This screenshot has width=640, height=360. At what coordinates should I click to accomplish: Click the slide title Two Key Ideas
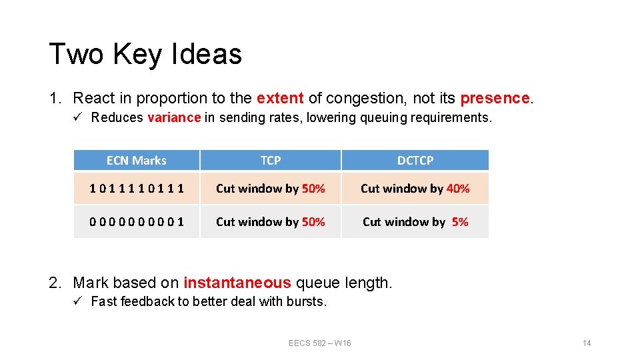click(x=145, y=53)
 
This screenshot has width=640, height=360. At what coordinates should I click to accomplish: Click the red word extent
click(x=280, y=99)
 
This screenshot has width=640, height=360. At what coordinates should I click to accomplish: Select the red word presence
click(x=495, y=99)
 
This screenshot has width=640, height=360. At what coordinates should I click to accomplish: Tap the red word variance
click(x=174, y=118)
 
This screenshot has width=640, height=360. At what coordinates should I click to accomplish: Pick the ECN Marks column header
click(x=137, y=161)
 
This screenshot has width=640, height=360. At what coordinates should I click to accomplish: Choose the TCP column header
click(x=271, y=161)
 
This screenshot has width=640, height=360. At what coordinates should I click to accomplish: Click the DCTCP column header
click(x=415, y=161)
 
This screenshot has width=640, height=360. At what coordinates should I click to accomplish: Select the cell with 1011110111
click(x=137, y=189)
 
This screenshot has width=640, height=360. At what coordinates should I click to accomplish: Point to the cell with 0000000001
click(x=137, y=222)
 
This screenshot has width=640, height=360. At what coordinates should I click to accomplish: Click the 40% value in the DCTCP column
click(x=458, y=189)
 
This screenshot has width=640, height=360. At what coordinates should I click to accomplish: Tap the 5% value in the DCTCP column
click(x=460, y=222)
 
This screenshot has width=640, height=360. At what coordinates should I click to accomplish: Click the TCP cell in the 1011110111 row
click(x=271, y=189)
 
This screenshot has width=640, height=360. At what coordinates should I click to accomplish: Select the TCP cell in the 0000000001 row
click(x=271, y=222)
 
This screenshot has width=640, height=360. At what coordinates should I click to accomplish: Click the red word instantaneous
click(x=237, y=283)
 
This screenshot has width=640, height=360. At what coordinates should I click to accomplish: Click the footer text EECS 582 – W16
click(x=320, y=343)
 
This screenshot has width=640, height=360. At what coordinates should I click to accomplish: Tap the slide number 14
click(x=587, y=343)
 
